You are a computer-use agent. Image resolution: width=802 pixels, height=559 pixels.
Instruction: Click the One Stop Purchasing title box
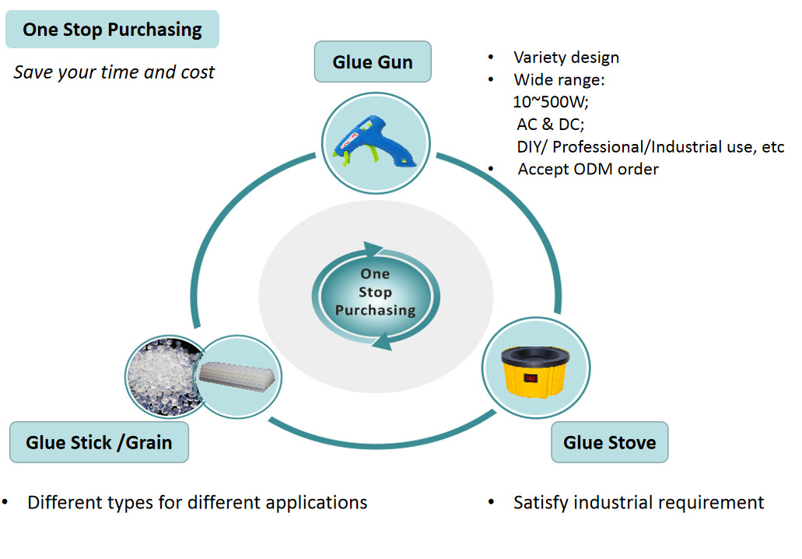[112, 30]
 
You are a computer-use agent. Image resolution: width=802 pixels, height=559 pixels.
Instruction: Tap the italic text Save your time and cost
[114, 72]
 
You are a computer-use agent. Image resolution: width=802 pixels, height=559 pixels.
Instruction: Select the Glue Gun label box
[372, 62]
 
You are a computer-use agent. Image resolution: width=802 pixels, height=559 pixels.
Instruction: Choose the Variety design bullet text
[566, 58]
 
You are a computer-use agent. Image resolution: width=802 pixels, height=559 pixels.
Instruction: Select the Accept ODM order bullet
[587, 169]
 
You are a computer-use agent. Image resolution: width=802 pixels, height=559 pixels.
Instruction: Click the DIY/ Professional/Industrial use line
[650, 147]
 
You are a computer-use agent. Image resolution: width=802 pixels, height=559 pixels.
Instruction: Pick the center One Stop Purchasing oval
[375, 293]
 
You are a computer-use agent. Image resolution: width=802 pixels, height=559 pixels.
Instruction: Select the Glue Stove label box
[609, 443]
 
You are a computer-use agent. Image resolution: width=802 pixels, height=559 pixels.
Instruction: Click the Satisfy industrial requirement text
[638, 503]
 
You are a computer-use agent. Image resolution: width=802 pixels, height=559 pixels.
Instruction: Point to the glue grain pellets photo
[159, 376]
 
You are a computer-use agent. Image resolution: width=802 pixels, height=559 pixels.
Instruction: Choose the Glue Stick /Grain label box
[99, 443]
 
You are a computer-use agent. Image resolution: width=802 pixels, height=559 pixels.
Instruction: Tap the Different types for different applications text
[197, 503]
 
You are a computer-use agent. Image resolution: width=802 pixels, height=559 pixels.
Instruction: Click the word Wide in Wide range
[533, 80]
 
